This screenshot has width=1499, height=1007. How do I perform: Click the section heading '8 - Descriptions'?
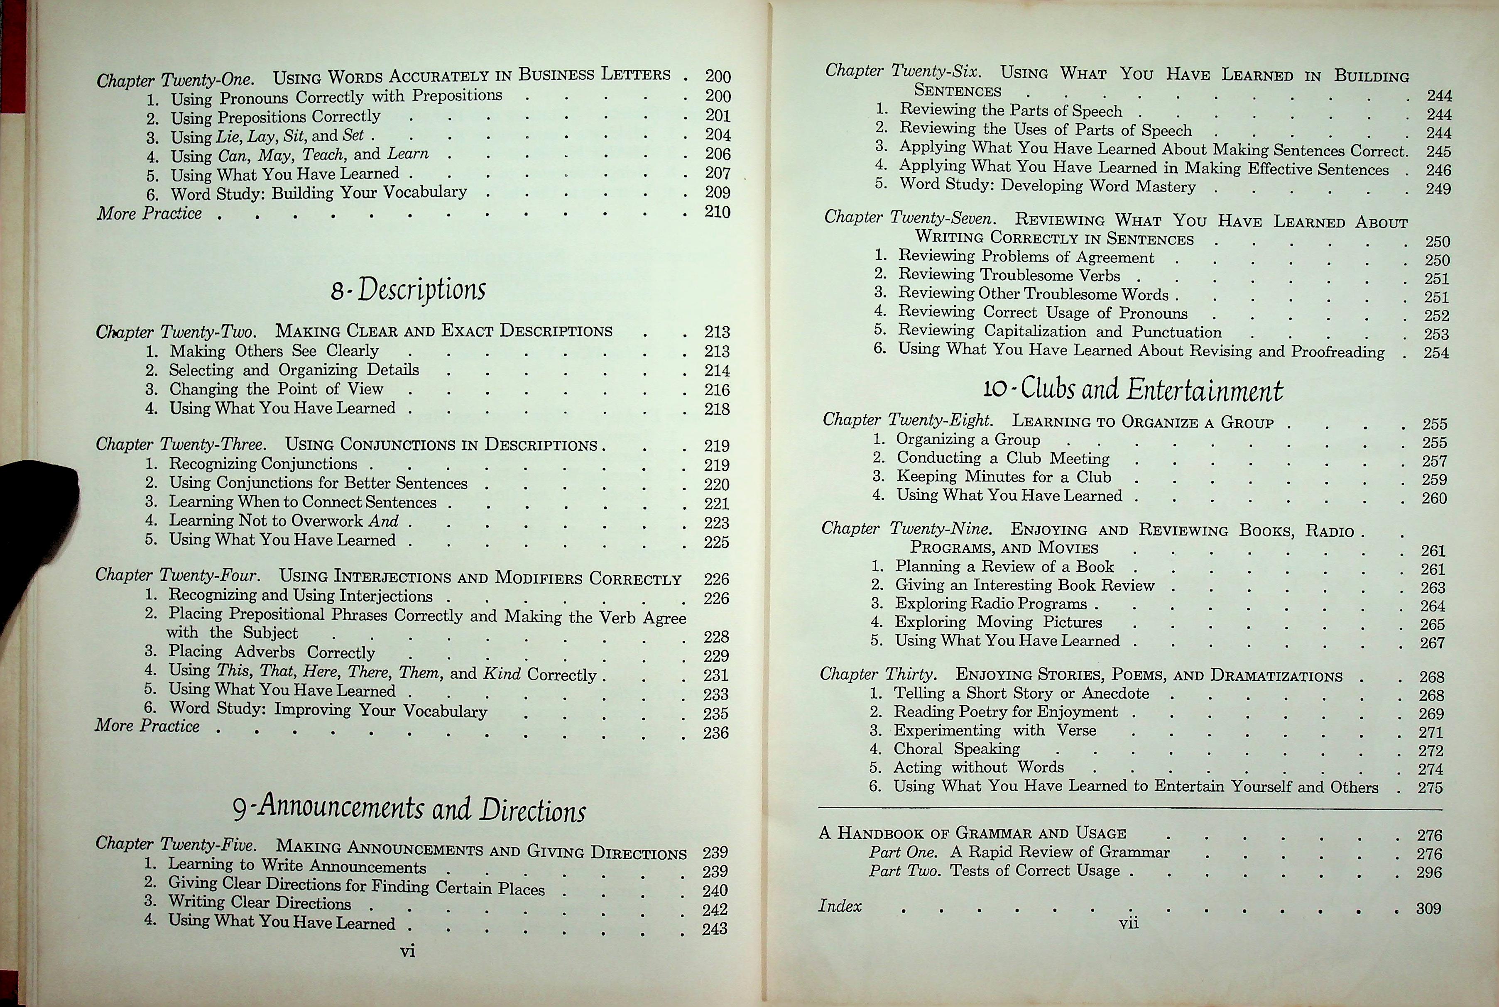pos(409,290)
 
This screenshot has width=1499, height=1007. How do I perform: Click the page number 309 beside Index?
pos(1428,909)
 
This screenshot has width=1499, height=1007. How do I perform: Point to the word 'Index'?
pos(840,906)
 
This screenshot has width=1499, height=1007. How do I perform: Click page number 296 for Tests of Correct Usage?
pos(1429,872)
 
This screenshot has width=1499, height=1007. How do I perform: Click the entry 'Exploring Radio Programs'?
pos(991,604)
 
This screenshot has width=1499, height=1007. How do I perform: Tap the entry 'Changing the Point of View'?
pos(276,389)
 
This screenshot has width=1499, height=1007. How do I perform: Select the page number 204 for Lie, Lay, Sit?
pos(718,135)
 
